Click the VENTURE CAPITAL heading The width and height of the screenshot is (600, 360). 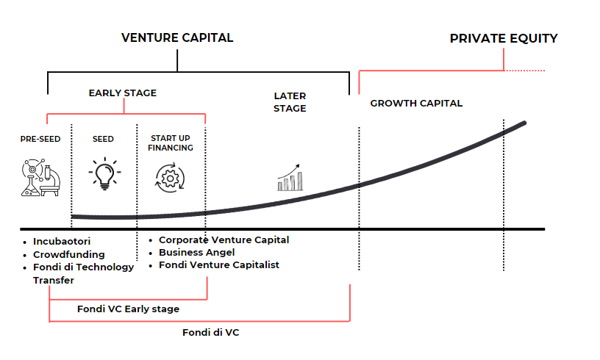tap(177, 37)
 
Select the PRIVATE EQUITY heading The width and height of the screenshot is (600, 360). tap(504, 38)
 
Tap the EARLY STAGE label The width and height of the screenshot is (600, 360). tap(123, 93)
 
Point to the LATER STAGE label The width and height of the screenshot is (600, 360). tap(290, 102)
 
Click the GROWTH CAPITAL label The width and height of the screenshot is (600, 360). tap(416, 103)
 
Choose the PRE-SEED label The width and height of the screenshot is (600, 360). tap(40, 138)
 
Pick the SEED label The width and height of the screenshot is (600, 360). tap(104, 138)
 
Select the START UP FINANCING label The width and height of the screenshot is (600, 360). tap(172, 143)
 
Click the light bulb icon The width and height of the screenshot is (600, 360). tap(104, 175)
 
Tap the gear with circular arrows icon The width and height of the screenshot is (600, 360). tap(171, 179)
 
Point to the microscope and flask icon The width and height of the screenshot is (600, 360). tap(40, 177)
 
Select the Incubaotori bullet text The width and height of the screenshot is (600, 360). tap(62, 241)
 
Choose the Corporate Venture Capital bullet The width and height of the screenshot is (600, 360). tap(224, 240)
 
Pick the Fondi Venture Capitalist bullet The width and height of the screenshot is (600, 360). tap(218, 264)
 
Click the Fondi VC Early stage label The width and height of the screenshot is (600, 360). tap(128, 309)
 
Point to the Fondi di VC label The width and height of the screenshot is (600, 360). tap(211, 332)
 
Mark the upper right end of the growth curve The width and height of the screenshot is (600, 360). tap(524, 123)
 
